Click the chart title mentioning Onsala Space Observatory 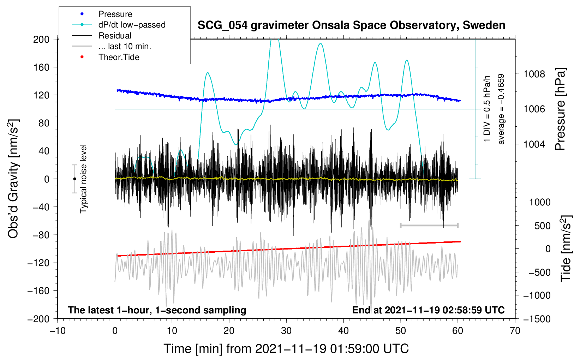pos(351,25)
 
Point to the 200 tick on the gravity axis pos(41,40)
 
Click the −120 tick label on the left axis pos(38,263)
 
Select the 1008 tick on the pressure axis pos(534,74)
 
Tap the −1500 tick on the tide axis pos(537,319)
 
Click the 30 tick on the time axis pos(286,331)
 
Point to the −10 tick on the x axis pos(58,331)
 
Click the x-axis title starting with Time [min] pos(286,349)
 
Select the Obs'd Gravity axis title pos(13,179)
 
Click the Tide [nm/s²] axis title pos(566,248)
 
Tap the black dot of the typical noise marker pos(74,179)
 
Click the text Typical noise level pos(83,179)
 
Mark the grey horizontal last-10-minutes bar pos(429,225)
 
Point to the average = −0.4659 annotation pos(501,109)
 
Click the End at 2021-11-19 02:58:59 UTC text pos(428,310)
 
